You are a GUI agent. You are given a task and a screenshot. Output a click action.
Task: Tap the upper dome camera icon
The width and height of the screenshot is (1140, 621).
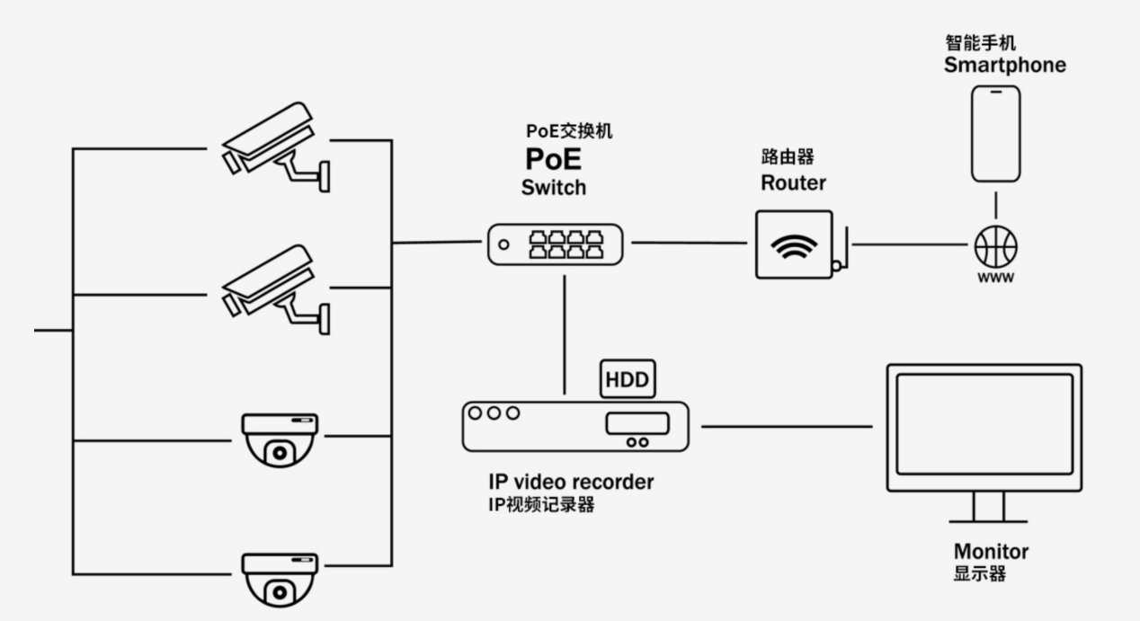click(x=280, y=439)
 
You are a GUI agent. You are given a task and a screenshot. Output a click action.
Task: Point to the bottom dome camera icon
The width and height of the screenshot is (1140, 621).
click(x=280, y=579)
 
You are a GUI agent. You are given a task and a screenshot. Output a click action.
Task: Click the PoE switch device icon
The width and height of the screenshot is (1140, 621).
click(x=555, y=243)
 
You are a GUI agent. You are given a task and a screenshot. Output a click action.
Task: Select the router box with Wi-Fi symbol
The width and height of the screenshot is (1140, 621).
click(x=795, y=244)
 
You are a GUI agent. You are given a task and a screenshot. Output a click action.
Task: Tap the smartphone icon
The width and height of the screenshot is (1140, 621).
click(x=996, y=134)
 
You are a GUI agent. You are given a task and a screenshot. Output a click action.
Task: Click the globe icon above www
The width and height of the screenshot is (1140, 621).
click(x=996, y=244)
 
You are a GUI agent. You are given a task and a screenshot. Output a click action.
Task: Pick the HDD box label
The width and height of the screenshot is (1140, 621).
click(x=627, y=379)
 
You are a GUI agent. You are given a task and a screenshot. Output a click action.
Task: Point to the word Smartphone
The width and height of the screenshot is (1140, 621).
click(x=1005, y=65)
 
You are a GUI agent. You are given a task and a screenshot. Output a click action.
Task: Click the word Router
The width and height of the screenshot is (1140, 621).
click(x=793, y=183)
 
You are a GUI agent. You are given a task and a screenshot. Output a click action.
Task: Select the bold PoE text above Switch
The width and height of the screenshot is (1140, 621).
click(x=553, y=159)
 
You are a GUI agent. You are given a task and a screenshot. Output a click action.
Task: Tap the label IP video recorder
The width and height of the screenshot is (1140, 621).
click(x=571, y=482)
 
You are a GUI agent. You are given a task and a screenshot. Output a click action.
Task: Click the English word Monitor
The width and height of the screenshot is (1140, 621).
click(x=991, y=551)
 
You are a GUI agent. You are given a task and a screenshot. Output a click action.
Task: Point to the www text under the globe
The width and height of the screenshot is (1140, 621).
click(x=996, y=277)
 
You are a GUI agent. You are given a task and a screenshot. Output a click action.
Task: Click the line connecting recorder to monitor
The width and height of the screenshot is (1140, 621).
click(x=787, y=426)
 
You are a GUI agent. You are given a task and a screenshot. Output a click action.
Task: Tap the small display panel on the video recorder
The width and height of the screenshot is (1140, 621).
click(x=638, y=422)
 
